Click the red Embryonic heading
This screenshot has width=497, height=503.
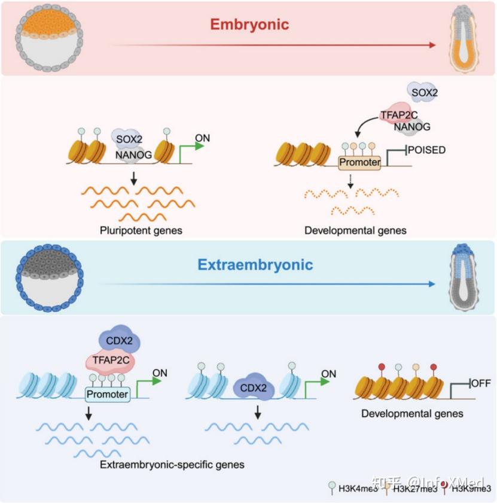click(x=249, y=25)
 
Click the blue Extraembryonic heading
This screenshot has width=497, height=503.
click(x=255, y=264)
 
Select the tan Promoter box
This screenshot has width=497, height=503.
click(x=359, y=162)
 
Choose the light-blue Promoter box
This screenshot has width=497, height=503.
click(x=107, y=394)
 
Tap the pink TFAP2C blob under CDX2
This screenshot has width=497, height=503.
click(x=109, y=361)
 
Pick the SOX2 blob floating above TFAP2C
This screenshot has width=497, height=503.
click(x=422, y=91)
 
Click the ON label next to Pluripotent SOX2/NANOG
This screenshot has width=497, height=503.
click(x=203, y=138)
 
